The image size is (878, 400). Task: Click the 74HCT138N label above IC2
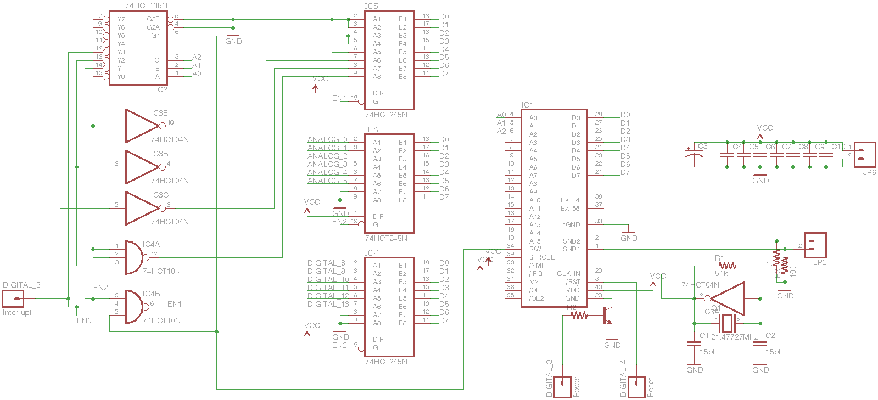tap(146, 5)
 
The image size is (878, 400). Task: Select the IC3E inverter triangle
tap(142, 126)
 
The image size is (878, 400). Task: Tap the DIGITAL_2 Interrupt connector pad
tap(13, 298)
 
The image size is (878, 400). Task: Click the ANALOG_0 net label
tap(327, 139)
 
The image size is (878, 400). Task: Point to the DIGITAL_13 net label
tap(328, 304)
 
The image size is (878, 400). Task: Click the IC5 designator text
tap(371, 6)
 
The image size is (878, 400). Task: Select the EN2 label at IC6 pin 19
tap(339, 222)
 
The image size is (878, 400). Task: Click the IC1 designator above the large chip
tap(527, 105)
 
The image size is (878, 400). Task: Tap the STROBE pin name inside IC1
tap(541, 257)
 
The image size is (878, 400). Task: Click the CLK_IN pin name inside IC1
tap(568, 273)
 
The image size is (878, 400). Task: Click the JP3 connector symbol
tap(815, 245)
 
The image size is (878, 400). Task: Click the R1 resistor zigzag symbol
tap(727, 266)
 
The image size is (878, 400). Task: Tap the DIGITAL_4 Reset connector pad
tap(636, 386)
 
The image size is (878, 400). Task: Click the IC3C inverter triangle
tap(142, 208)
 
